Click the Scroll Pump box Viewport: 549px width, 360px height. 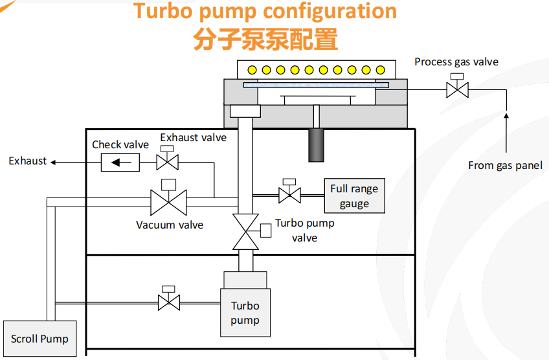39,338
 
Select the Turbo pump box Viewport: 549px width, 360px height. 245,312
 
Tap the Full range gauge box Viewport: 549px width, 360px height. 354,196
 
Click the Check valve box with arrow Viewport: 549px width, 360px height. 120,162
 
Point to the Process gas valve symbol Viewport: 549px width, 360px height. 457,89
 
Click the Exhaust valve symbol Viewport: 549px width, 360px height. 168,161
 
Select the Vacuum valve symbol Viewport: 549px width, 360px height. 168,202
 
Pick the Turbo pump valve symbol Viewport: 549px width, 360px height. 246,230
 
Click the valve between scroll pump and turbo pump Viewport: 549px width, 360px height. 169,301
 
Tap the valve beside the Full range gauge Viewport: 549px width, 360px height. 289,194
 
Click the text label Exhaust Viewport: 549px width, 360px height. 28,161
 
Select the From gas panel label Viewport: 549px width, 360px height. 506,166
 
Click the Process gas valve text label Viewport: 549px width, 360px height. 456,62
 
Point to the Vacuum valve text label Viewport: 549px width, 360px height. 170,225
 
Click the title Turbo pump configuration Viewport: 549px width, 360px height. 265,11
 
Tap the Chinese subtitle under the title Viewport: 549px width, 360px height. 265,39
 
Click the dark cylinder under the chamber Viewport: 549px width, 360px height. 316,145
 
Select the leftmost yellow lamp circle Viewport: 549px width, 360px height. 251,70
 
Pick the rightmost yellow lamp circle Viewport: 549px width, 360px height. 381,70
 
